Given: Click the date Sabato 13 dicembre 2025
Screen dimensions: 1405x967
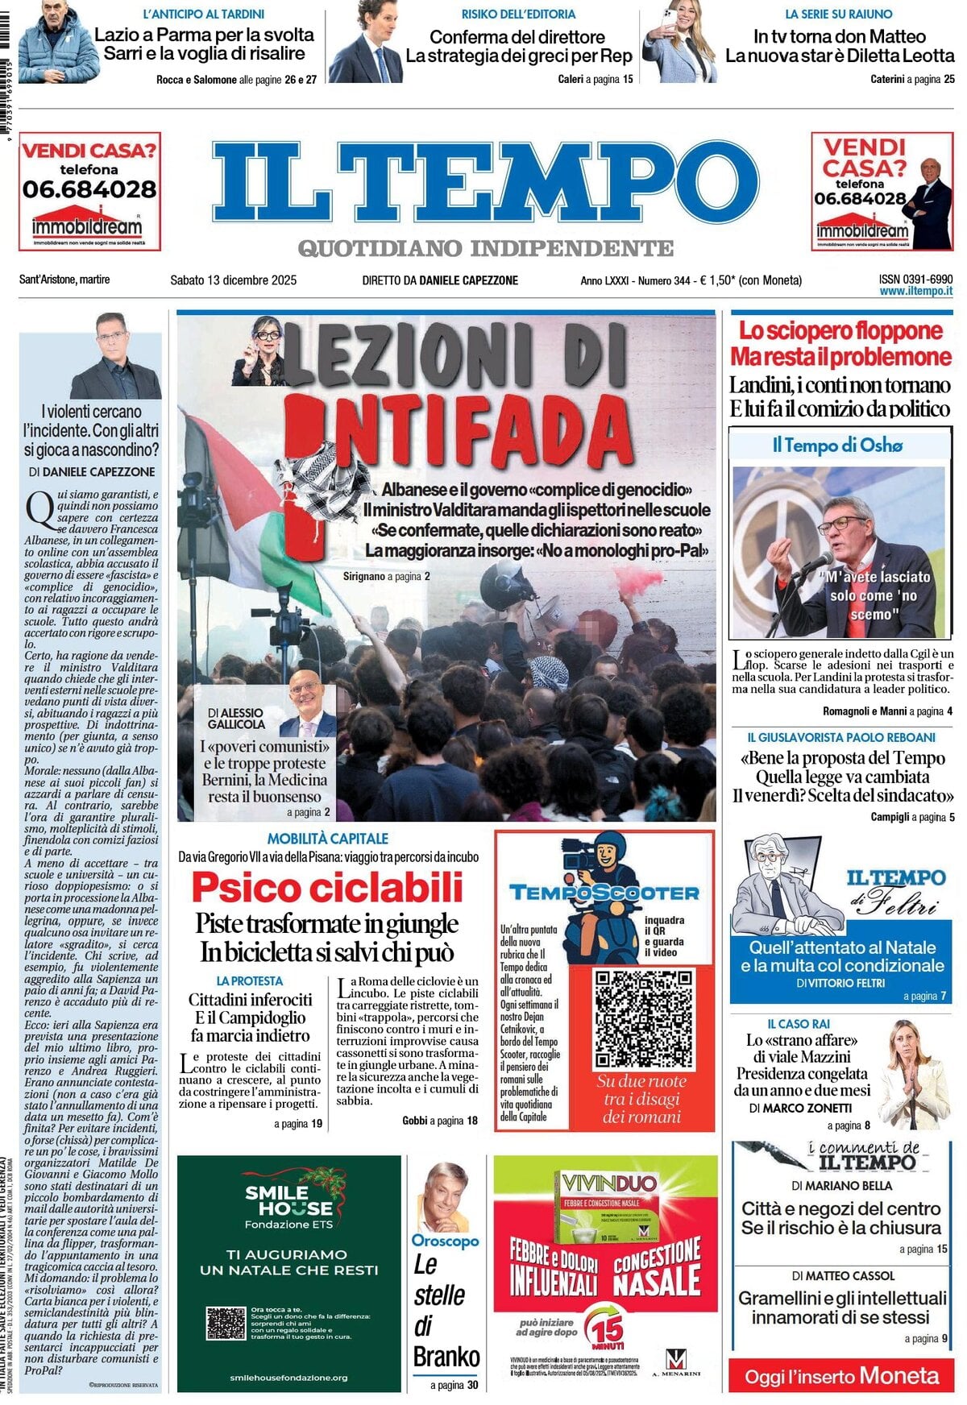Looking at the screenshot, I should pos(233,280).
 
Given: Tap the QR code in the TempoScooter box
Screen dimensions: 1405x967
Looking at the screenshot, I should pos(642,1018).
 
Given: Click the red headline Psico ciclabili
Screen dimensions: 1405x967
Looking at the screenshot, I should pos(327,888).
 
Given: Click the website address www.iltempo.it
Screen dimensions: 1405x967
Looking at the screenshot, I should pos(915,292).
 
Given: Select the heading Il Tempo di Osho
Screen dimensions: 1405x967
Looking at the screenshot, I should pos(837,445).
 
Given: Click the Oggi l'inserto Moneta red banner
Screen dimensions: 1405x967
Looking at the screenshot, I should pos(840,1376).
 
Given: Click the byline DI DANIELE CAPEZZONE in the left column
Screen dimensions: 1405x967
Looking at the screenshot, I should pos(92,472).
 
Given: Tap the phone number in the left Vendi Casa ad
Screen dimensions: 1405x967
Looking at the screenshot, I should pos(89,190).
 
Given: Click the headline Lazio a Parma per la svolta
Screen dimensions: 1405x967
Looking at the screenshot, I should pos(204,35).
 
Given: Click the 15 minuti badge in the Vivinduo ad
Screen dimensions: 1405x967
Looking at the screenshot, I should pos(604,1330).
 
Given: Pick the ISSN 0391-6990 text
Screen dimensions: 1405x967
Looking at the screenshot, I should pos(915,278).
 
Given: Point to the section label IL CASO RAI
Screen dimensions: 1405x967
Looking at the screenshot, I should pos(798,1024).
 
